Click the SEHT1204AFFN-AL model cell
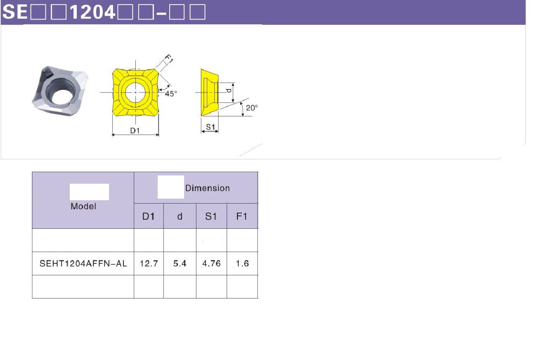click(x=83, y=263)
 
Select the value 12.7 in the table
click(x=149, y=263)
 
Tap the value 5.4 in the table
click(x=180, y=263)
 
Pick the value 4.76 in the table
click(x=211, y=263)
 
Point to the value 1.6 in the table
click(x=242, y=263)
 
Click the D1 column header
click(x=149, y=216)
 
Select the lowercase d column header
click(x=180, y=216)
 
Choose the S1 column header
click(x=211, y=216)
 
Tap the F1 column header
click(x=242, y=216)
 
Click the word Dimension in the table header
click(x=207, y=188)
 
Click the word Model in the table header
click(x=83, y=206)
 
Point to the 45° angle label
click(x=171, y=94)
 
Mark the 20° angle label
click(x=252, y=108)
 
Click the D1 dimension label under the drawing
click(x=135, y=130)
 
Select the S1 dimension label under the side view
click(x=211, y=127)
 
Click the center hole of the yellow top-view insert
click(x=135, y=92)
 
